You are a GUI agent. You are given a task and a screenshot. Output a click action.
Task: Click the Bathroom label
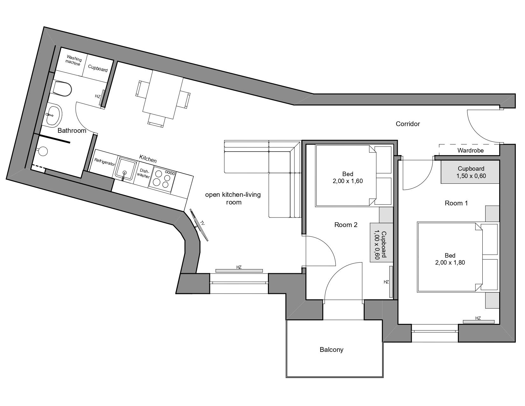[72, 131]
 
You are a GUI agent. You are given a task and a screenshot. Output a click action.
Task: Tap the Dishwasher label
[143, 173]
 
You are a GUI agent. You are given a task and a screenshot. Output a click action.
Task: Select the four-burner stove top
[162, 179]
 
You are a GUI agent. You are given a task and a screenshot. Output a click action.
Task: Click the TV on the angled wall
[199, 225]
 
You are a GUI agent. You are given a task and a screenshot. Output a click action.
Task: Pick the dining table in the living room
[163, 95]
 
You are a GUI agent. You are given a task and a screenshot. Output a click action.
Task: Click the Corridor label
[408, 124]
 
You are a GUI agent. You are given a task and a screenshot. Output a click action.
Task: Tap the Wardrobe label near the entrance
[470, 150]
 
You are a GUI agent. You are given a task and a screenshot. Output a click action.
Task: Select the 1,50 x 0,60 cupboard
[470, 172]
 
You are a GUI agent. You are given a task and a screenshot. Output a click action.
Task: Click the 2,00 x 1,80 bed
[450, 257]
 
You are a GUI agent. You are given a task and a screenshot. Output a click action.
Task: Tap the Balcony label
[331, 349]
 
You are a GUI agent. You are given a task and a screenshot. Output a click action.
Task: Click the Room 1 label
[456, 203]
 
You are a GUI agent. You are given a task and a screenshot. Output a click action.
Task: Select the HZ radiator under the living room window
[239, 271]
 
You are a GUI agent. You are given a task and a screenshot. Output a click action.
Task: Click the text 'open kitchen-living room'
[233, 198]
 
